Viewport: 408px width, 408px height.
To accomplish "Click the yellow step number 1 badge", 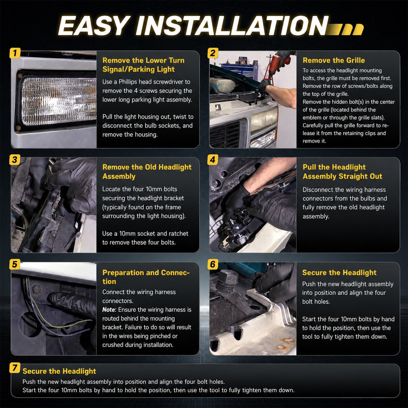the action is point(15,53).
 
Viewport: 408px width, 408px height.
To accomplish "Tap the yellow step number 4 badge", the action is point(213,160).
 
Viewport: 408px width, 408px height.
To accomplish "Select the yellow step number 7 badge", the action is point(15,368).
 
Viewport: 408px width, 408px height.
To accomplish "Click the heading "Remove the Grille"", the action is point(334,61).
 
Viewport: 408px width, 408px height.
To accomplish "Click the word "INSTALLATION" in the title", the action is point(232,26).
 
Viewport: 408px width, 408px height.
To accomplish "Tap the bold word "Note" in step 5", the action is point(109,309).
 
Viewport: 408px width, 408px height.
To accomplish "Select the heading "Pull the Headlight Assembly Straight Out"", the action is point(342,172).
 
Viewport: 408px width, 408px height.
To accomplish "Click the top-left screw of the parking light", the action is point(20,75).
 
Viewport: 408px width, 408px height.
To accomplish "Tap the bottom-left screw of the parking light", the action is point(18,128).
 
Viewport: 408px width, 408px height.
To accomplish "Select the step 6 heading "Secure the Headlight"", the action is point(339,273).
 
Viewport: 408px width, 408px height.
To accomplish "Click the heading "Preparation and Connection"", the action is point(146,277).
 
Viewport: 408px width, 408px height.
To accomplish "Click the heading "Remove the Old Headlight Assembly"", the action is point(147,172).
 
